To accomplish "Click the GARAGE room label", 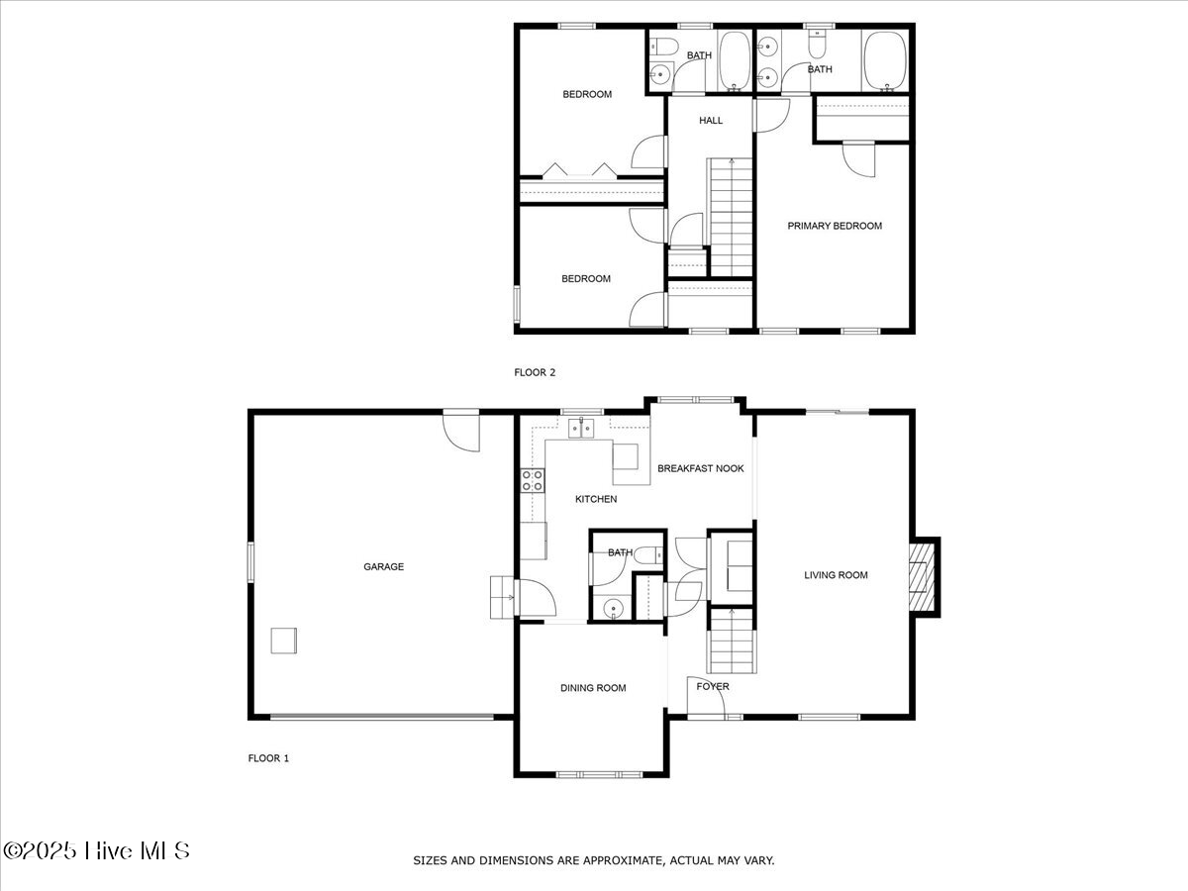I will click(x=383, y=567).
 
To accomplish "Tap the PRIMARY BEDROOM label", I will click(x=834, y=226).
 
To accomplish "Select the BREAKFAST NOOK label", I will click(x=700, y=468).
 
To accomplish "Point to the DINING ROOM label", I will click(x=593, y=688).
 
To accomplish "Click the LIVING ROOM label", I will click(x=836, y=575).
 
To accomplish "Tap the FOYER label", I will click(x=713, y=686).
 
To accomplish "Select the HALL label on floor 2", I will click(x=711, y=121).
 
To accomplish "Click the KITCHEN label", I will click(x=596, y=499).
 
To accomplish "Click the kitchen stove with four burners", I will click(x=533, y=481).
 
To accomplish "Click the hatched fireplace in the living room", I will click(x=923, y=576).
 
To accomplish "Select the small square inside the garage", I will click(x=284, y=641).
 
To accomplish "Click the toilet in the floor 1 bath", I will click(x=647, y=556).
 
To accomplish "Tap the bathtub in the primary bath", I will click(x=884, y=60).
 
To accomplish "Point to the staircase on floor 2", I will click(x=732, y=217).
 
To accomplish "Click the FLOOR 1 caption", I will click(x=268, y=758).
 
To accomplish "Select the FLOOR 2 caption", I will click(x=535, y=372).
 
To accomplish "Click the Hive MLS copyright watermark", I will click(x=96, y=850).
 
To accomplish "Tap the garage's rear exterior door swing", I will click(x=462, y=432).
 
